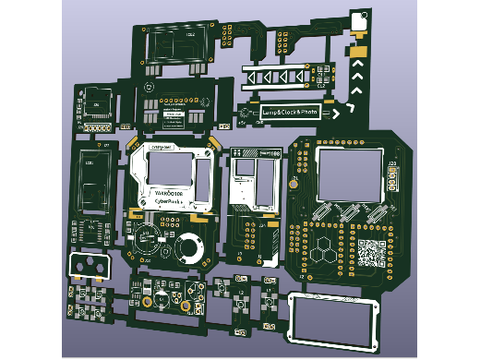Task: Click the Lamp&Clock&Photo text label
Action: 289,113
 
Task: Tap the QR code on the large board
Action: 371,252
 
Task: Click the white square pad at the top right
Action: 359,20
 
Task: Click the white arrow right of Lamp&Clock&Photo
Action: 337,113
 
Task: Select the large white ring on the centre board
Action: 190,246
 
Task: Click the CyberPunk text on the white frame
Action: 168,200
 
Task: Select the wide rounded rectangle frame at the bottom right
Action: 333,320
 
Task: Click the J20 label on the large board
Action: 392,165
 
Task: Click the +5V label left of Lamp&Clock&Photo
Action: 243,120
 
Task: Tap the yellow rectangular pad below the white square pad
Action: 357,49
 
